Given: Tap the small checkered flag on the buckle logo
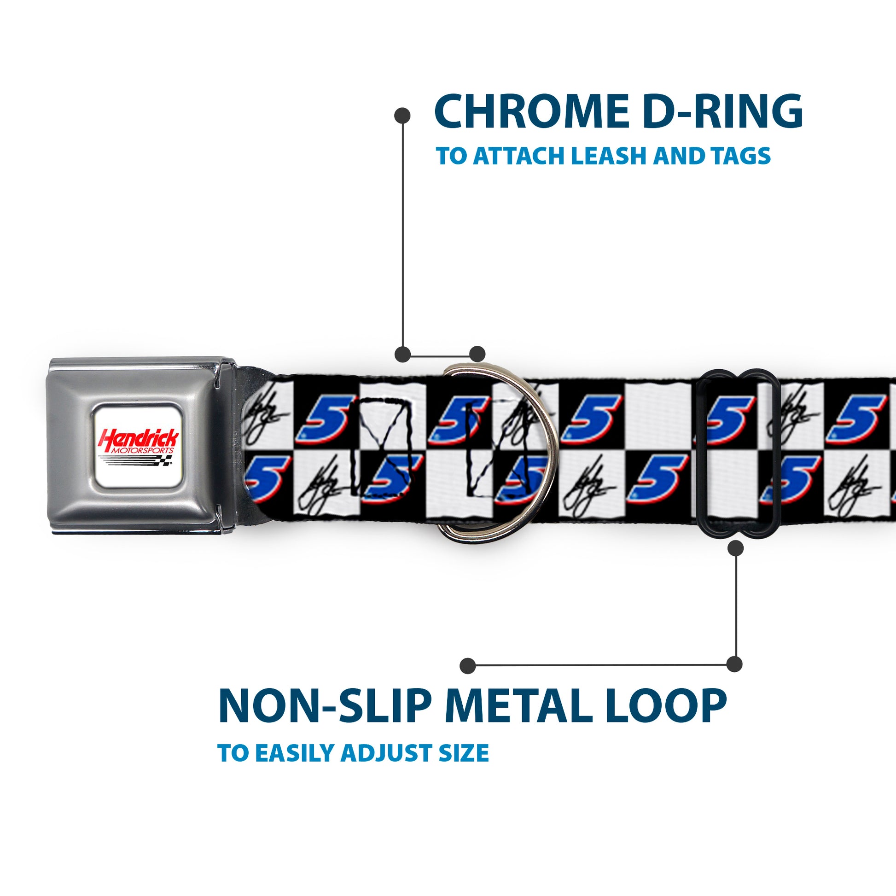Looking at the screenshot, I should click(166, 460).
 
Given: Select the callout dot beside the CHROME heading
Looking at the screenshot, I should click(402, 116).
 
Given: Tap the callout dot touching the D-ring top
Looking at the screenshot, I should click(477, 354).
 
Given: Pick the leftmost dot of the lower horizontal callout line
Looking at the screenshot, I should click(468, 665).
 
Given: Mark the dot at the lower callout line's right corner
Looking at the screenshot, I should click(734, 664).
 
